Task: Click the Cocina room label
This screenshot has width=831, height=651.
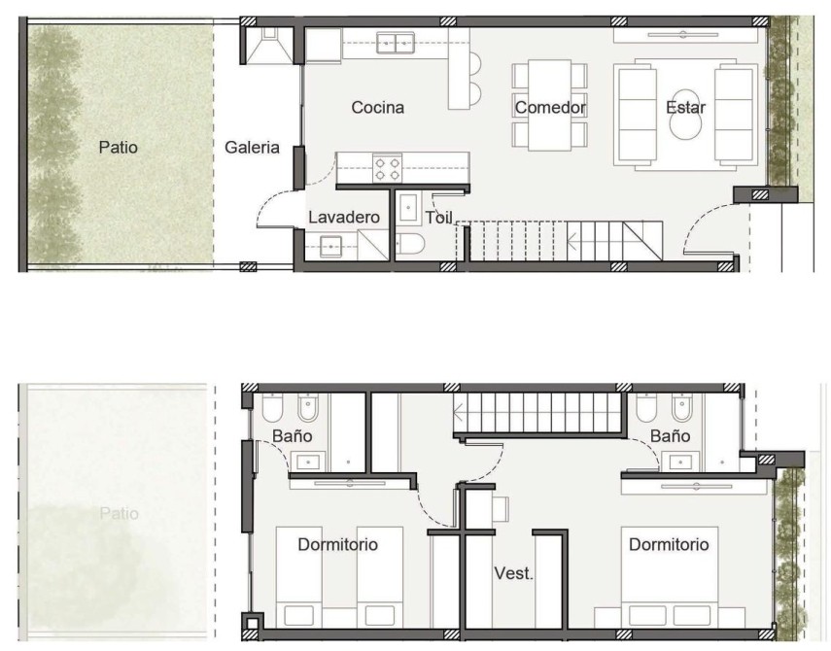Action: coord(377,108)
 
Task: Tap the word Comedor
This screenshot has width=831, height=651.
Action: coord(550,108)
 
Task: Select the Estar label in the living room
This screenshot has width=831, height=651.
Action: coord(686,108)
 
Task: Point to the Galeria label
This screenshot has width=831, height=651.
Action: coord(252,148)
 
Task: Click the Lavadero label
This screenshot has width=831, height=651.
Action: coord(344,218)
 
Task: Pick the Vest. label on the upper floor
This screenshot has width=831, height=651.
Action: coord(513,573)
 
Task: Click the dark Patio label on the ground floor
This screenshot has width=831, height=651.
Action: coord(119,148)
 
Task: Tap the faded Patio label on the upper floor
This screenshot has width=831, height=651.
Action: coord(119,513)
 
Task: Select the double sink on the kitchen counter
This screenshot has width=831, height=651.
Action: coord(396,43)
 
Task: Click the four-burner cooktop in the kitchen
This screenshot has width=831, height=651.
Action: coord(388,168)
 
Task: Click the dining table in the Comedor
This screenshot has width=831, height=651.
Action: coord(549,105)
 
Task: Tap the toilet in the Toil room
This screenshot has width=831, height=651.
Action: coord(411,244)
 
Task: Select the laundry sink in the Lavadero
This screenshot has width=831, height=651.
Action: coord(331,247)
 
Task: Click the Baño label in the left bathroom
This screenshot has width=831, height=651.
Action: coord(292,436)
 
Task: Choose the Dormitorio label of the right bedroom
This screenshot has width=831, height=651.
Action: coord(669,544)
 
